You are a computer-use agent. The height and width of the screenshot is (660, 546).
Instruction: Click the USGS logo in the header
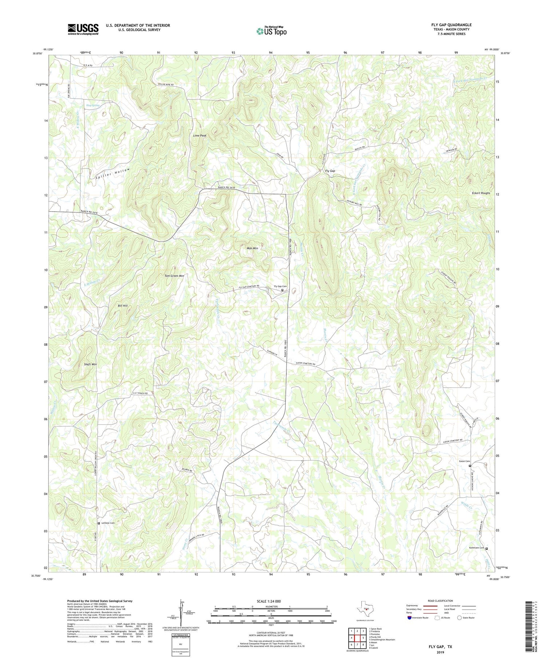click(83, 29)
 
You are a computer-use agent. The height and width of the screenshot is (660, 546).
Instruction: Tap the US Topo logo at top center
click(272, 31)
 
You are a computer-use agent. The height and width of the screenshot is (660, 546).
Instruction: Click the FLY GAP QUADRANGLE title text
click(451, 25)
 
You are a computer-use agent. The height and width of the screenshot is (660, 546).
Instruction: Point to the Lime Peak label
click(199, 135)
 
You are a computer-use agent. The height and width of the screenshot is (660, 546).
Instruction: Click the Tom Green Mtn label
click(174, 276)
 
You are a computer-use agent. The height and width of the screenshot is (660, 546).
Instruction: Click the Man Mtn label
click(252, 248)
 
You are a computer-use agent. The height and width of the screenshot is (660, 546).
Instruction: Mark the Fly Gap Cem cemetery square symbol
click(282, 290)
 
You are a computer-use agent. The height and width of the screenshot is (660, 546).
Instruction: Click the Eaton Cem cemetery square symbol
click(470, 466)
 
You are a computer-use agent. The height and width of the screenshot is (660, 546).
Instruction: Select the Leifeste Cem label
click(108, 523)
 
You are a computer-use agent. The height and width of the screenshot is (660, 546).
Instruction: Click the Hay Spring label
click(93, 106)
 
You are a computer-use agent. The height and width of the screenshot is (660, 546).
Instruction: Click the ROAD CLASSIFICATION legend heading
click(440, 601)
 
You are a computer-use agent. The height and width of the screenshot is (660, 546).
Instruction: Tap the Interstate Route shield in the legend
click(409, 618)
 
